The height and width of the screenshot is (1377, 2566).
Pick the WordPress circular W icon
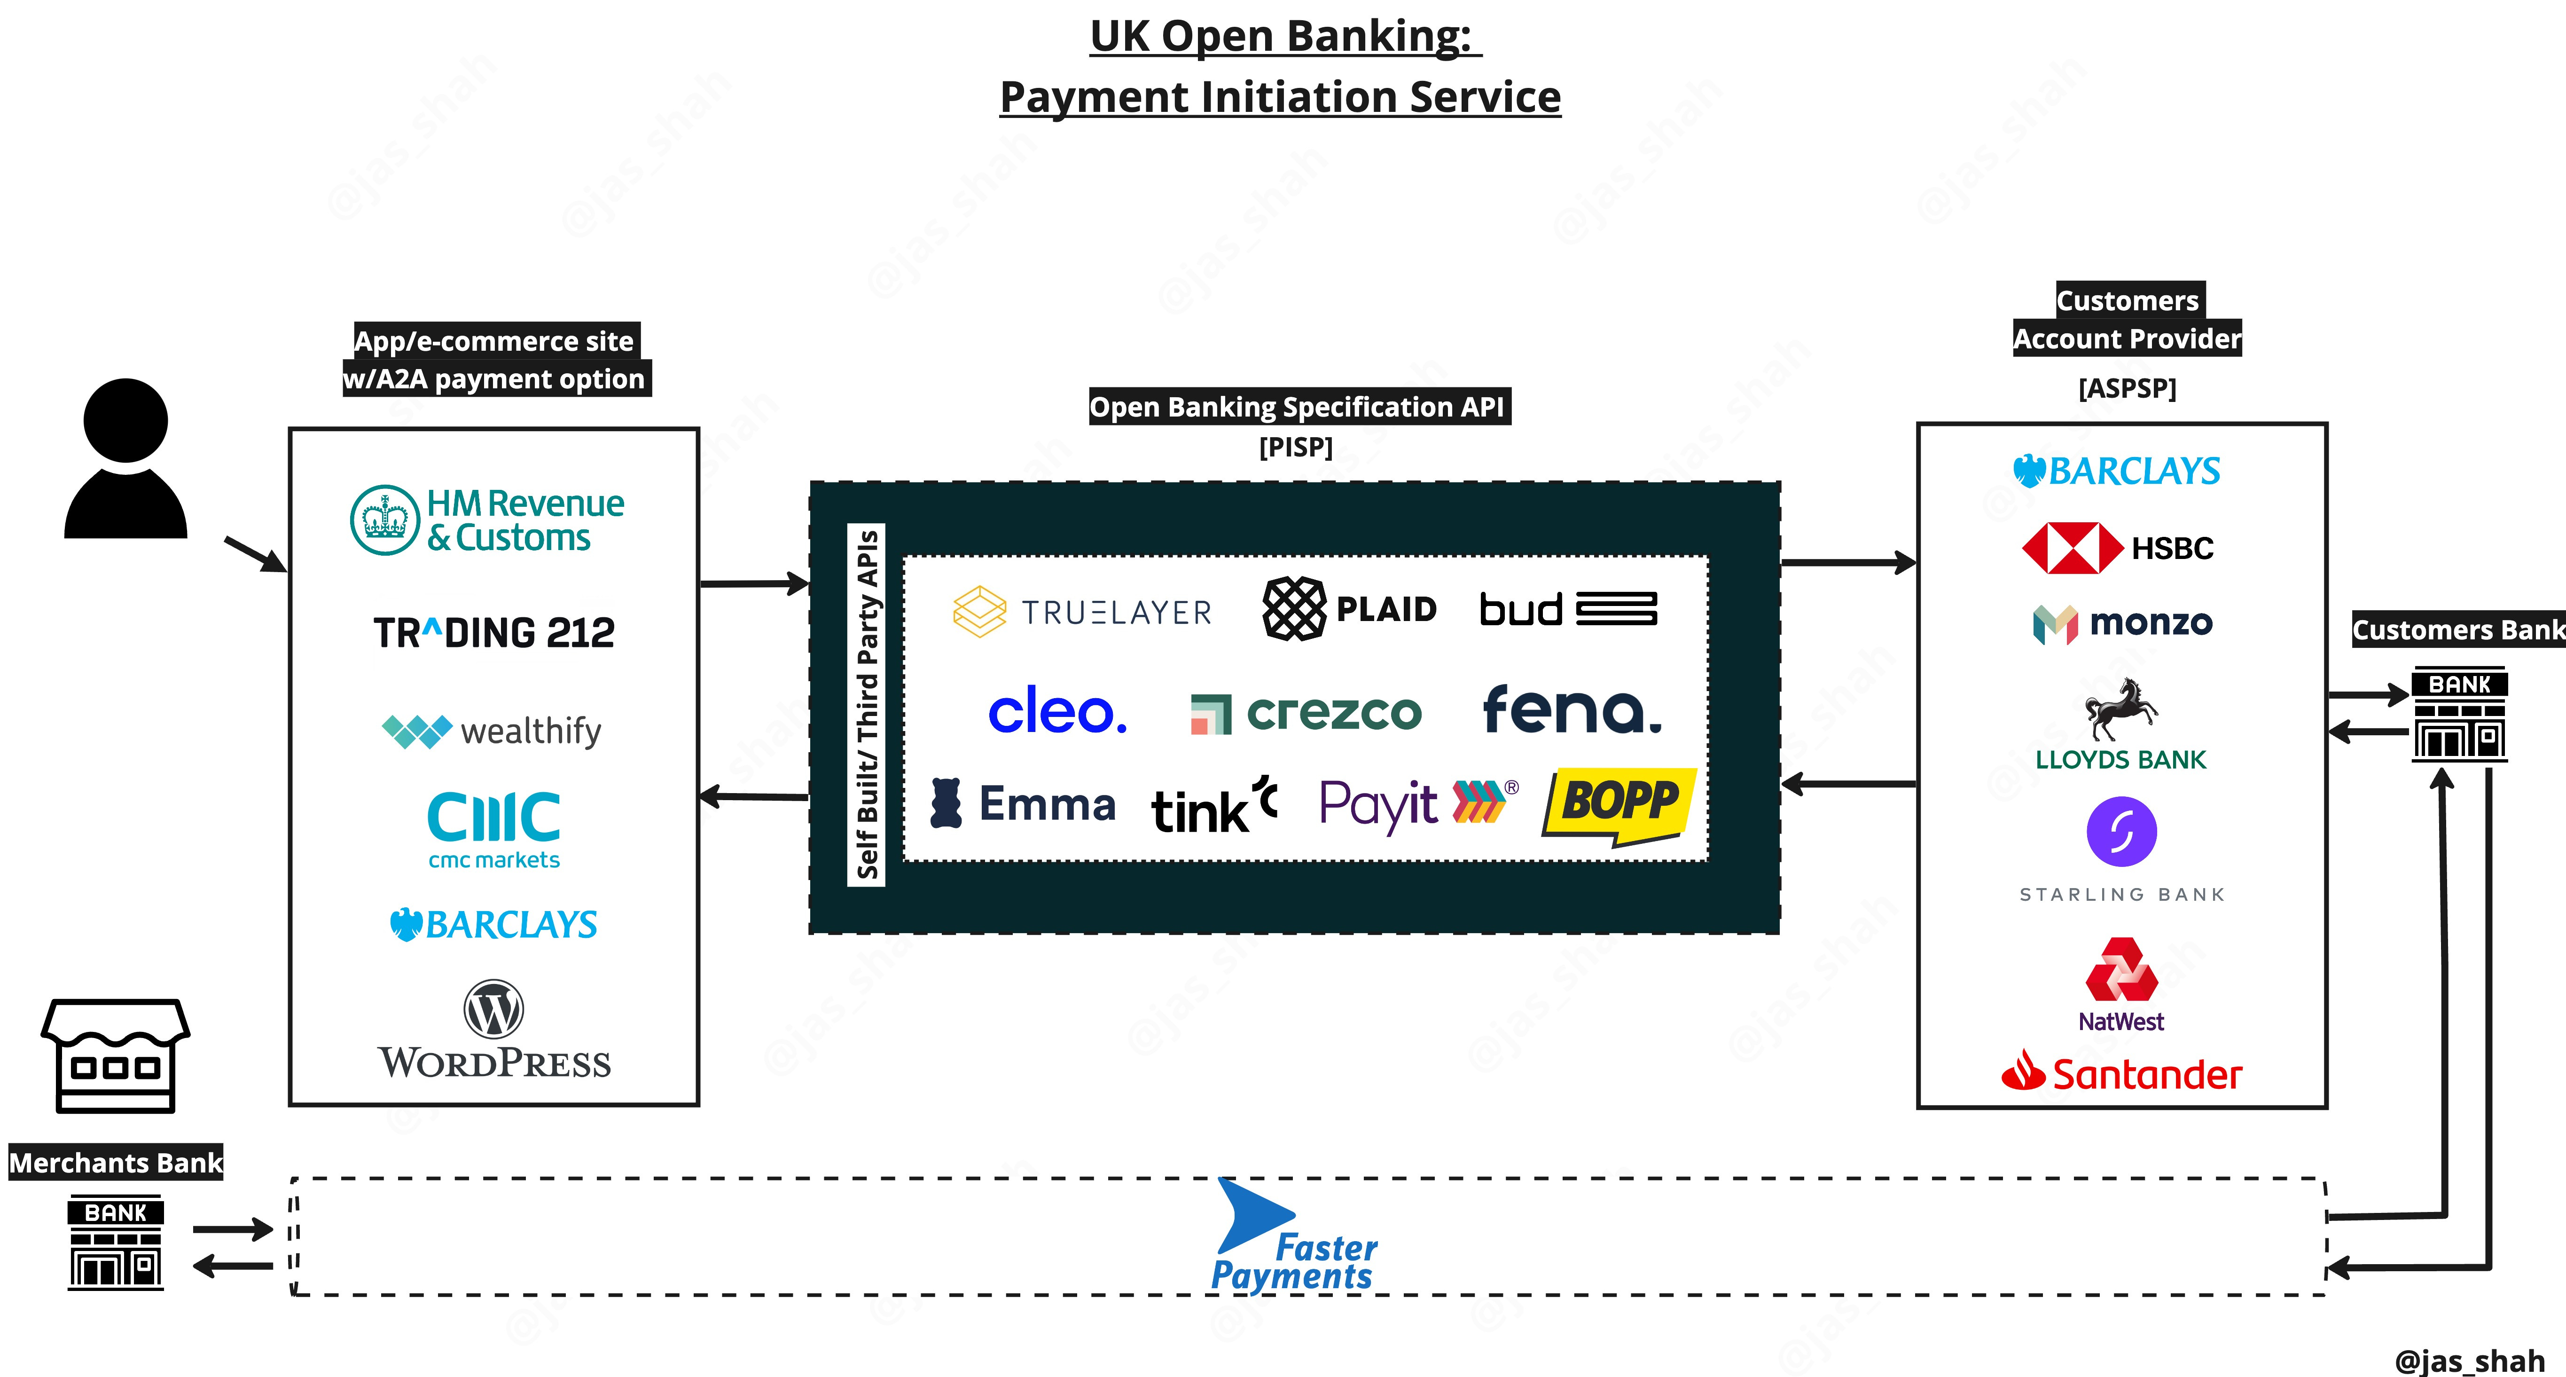click(494, 1009)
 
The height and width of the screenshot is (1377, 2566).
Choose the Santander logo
click(2122, 1073)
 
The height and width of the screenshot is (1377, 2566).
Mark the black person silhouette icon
click(125, 458)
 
